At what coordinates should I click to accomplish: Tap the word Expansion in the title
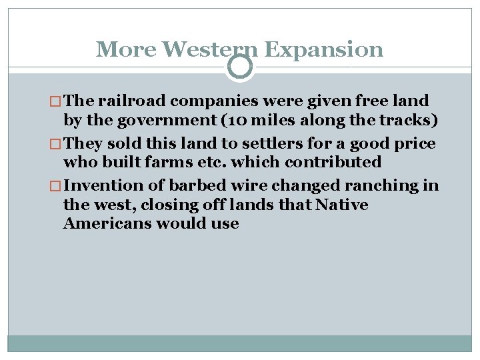pos(323,49)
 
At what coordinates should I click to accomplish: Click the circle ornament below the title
pos(240,67)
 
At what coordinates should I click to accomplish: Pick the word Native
pos(342,205)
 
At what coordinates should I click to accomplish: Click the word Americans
pos(107,223)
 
